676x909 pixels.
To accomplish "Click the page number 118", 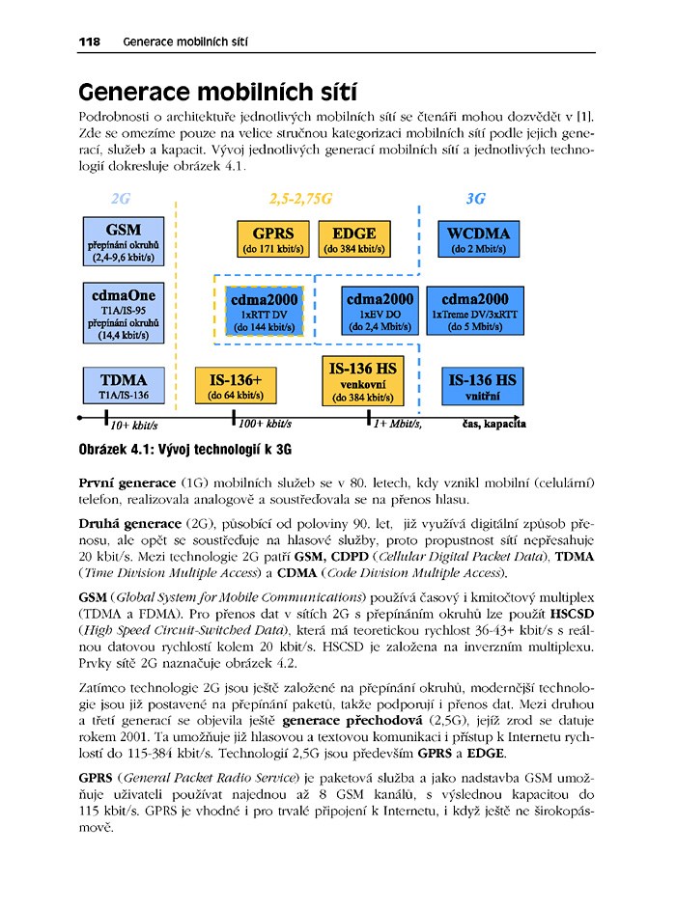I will click(x=90, y=41).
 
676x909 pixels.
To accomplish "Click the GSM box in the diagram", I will click(x=124, y=242).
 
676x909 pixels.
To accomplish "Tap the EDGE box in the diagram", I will click(x=354, y=239).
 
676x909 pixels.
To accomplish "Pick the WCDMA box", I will click(x=479, y=239).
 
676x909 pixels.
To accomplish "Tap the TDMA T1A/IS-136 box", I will click(x=124, y=385).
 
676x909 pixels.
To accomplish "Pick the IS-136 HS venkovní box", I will click(x=362, y=380).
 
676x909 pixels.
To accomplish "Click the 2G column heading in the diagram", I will click(x=121, y=200).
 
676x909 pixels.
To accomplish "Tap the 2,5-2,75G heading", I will click(x=299, y=200).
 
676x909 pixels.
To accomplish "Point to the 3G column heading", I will click(x=475, y=200).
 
